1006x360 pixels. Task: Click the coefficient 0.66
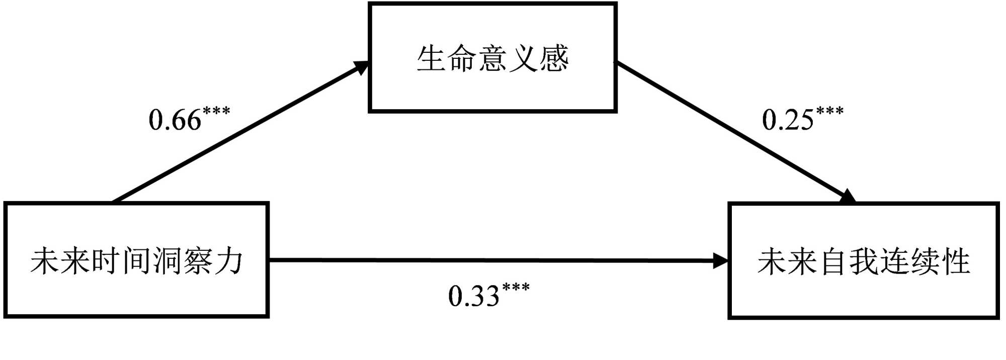point(175,120)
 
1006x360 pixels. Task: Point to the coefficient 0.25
point(788,120)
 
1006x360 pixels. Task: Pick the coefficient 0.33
point(474,296)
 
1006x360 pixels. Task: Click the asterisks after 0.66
point(216,111)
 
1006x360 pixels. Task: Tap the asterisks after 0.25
point(830,111)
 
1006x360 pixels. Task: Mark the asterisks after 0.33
point(516,287)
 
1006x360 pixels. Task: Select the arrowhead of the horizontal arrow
point(721,260)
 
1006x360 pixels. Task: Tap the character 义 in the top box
point(523,58)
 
